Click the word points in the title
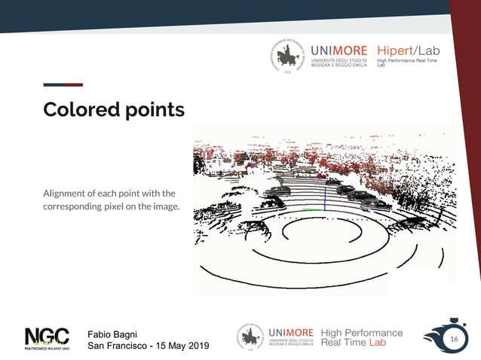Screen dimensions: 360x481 click(151, 111)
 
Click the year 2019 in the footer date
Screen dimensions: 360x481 click(195, 346)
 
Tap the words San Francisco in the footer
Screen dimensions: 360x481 click(117, 346)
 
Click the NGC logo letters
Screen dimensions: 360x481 click(47, 337)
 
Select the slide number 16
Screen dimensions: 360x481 click(454, 340)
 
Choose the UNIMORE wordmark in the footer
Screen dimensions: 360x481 click(290, 333)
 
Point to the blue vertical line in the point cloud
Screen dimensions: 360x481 click(324, 198)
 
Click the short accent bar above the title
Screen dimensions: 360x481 click(63, 84)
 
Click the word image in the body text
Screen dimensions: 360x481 click(166, 206)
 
